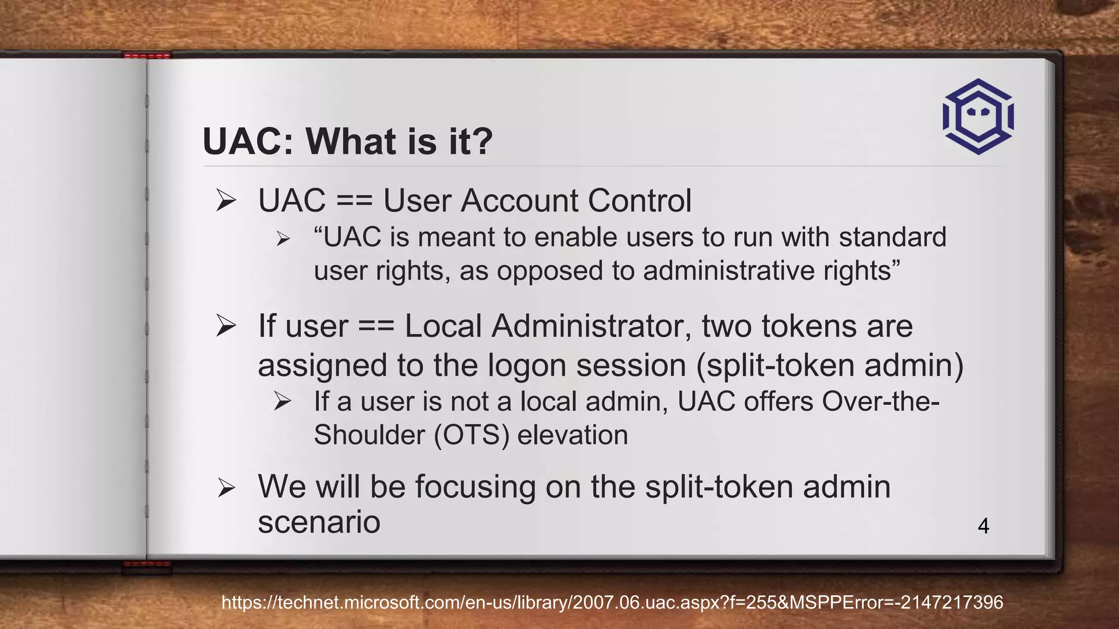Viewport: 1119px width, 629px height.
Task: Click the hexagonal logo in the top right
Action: pos(978,116)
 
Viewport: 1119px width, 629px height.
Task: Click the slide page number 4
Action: pos(983,526)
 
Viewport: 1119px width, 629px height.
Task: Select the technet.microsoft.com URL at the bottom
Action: pos(612,602)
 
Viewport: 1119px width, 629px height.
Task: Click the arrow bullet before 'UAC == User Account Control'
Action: pos(226,200)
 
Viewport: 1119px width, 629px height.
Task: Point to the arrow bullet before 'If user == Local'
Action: pos(226,326)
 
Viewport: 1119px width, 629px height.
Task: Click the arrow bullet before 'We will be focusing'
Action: pos(226,487)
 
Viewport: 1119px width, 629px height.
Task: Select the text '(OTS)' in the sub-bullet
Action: pos(471,435)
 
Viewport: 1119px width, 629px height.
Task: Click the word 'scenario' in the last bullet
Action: pos(319,522)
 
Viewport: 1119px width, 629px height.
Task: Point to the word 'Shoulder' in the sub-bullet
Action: pos(369,435)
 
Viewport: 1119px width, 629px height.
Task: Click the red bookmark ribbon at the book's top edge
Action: pos(146,55)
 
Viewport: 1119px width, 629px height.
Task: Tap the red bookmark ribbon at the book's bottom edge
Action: pos(146,566)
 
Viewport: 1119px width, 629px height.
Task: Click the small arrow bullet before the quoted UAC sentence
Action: pos(282,239)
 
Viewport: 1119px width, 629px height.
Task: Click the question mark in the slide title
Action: pos(481,142)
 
